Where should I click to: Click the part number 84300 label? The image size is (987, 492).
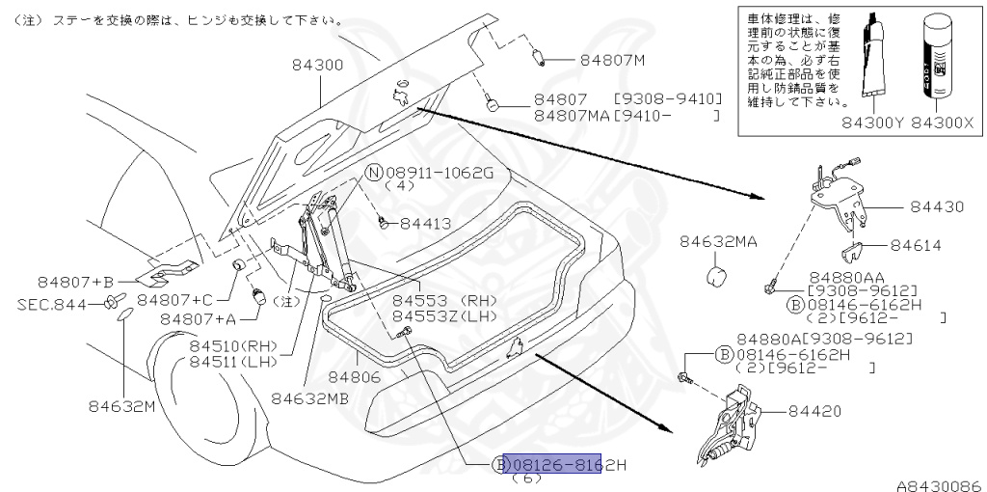point(317,65)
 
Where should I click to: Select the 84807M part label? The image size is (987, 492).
point(612,60)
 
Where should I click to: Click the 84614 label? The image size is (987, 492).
point(917,246)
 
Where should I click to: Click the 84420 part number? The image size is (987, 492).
point(815,411)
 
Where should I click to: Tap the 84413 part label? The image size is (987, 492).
point(425,223)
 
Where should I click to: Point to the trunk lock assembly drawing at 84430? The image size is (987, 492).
point(839,199)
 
